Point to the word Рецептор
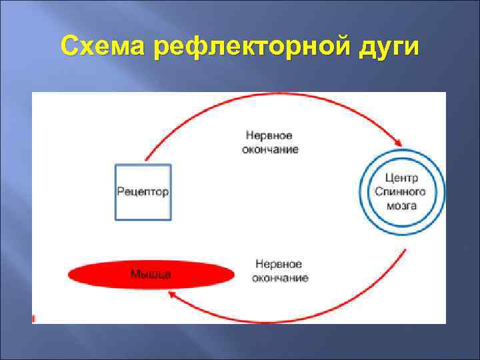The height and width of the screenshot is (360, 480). (143, 191)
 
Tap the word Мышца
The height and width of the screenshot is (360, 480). (151, 273)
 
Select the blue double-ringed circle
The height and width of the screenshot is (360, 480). (402, 191)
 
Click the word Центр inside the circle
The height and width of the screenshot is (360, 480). (402, 178)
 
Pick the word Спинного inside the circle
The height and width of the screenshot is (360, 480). (402, 191)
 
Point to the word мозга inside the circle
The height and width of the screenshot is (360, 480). (402, 205)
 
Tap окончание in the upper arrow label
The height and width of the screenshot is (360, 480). (270, 149)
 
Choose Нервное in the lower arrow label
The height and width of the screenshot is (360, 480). (279, 265)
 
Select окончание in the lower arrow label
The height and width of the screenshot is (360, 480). (279, 277)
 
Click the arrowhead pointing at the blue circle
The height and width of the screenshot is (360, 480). (398, 142)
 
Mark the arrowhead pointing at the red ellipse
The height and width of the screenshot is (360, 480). (172, 294)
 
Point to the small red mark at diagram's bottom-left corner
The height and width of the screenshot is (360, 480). (33, 318)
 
